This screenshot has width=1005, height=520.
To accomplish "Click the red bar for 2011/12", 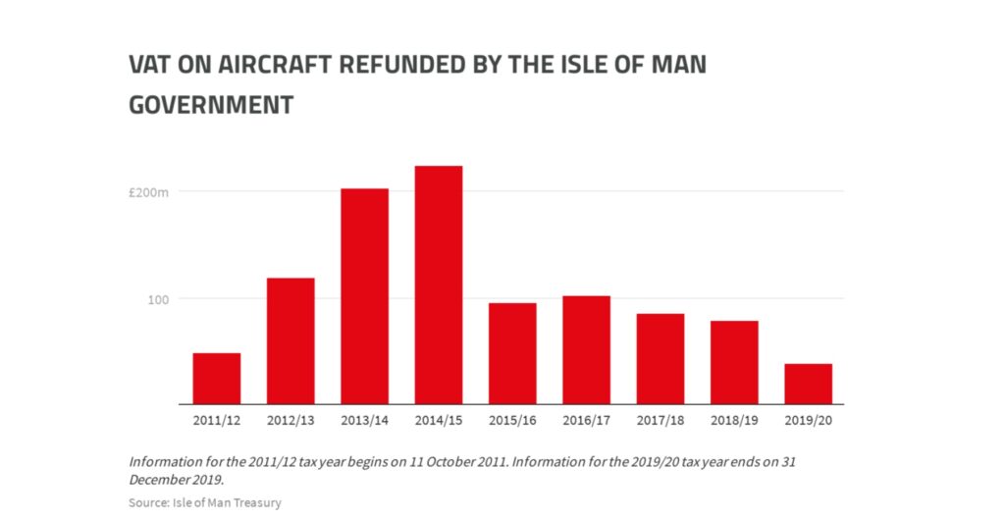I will click(217, 379).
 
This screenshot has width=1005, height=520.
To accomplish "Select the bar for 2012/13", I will click(291, 341).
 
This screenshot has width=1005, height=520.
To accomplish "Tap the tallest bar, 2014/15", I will click(439, 285).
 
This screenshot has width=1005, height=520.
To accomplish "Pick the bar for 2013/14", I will click(364, 296).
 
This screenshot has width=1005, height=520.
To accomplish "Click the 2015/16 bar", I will click(512, 353).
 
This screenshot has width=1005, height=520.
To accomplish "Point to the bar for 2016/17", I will click(586, 350).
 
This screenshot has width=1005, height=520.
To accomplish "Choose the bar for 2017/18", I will click(661, 359).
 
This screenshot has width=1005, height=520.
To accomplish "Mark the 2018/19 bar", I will click(734, 362).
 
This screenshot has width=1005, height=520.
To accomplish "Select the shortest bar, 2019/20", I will click(809, 384).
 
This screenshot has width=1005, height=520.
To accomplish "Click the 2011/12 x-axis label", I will click(217, 420).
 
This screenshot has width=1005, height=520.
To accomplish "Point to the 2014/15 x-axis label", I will click(439, 420).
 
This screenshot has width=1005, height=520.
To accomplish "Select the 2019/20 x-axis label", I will click(809, 420).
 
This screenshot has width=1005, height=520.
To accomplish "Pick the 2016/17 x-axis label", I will click(586, 420).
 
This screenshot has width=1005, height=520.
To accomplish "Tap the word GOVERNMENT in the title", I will click(211, 104).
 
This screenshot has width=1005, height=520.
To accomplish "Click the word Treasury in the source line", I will click(256, 502).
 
